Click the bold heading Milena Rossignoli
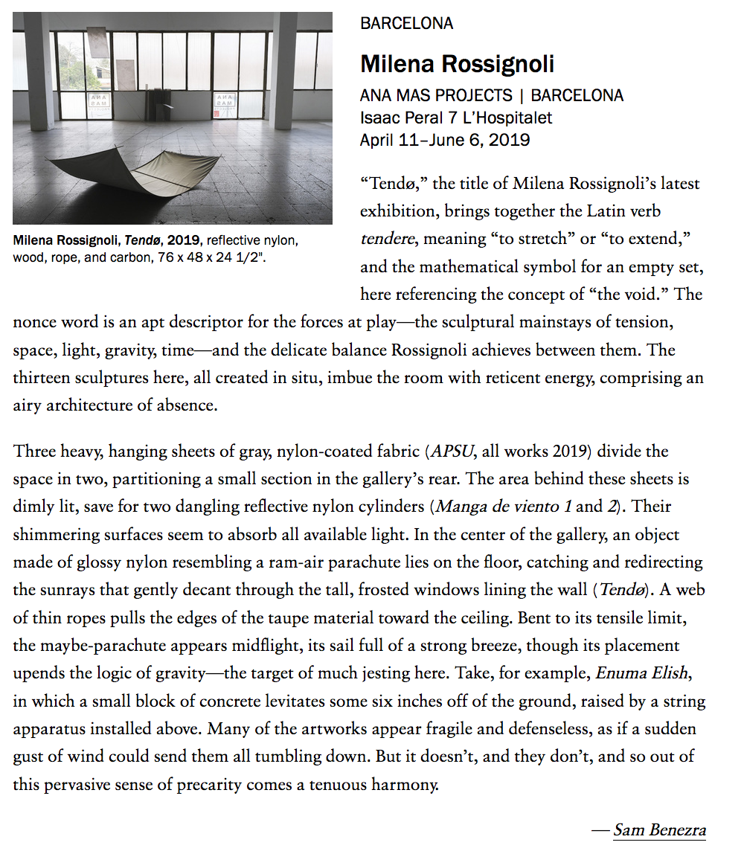tap(457, 64)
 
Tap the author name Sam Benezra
tap(659, 830)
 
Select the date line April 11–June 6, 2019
tap(444, 140)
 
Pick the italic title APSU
tap(450, 452)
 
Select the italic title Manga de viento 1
tap(504, 507)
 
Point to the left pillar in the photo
tap(39, 71)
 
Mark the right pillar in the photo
tap(283, 71)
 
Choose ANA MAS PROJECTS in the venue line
tap(436, 96)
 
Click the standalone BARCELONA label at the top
tap(406, 24)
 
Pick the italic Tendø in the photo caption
tap(138, 241)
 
